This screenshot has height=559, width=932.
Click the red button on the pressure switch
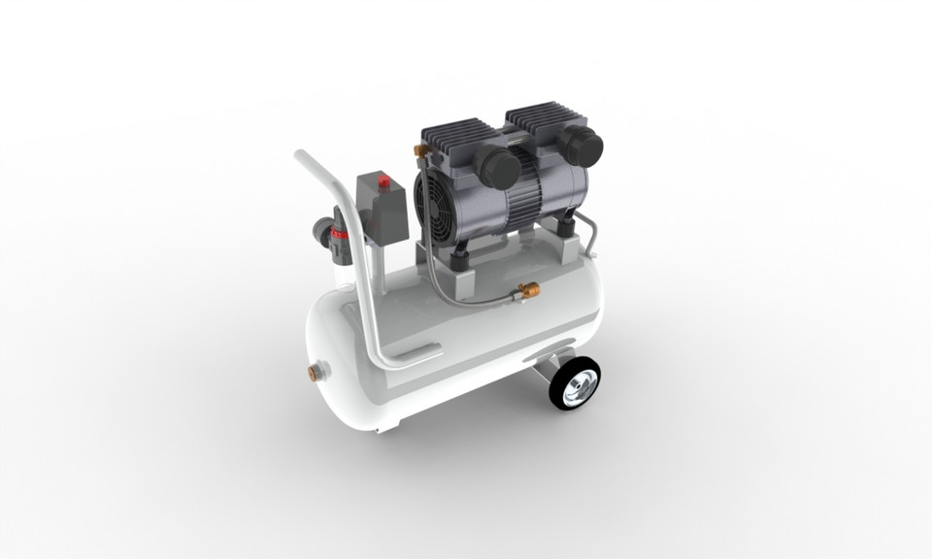[x=383, y=180]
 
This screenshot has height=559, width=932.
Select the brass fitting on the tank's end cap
[x=316, y=371]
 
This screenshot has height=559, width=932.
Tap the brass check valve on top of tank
[x=529, y=289]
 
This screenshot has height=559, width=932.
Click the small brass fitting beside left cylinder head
[x=419, y=149]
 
